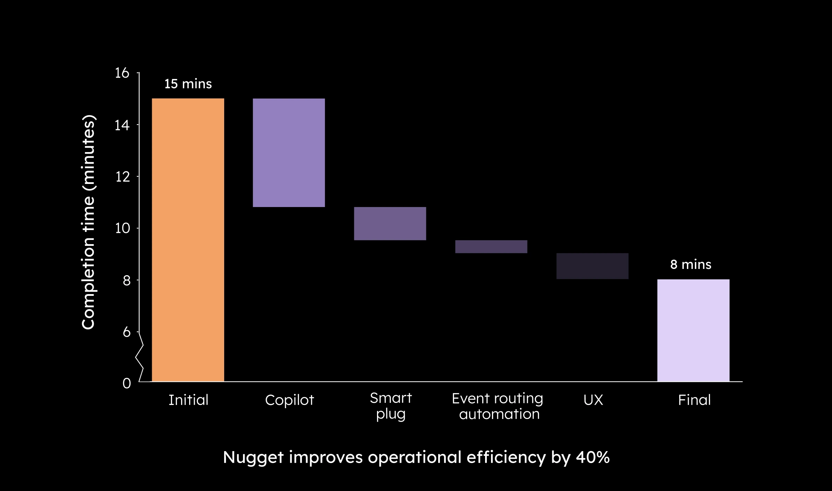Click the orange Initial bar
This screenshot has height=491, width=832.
pos(188,240)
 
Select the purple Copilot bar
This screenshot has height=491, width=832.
pos(289,152)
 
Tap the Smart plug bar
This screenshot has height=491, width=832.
pos(390,223)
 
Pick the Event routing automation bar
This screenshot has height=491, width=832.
pos(491,247)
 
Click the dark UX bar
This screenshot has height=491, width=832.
pos(592,266)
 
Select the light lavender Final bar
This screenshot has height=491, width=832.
pos(693,330)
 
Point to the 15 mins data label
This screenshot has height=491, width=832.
pos(188,84)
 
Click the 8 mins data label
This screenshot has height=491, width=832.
pos(690,264)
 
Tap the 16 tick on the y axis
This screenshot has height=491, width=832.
pos(122,73)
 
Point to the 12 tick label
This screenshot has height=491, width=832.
pos(122,177)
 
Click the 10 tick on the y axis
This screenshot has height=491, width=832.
pos(122,228)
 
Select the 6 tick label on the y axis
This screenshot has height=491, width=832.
pos(126,332)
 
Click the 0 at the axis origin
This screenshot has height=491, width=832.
pos(127,383)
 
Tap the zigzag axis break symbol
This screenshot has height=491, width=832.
pos(140,357)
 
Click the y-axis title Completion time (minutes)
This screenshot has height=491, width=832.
pos(88,222)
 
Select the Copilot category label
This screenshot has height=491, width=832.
pos(289,400)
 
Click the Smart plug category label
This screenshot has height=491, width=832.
pos(391,406)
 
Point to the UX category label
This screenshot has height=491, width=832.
pos(593,400)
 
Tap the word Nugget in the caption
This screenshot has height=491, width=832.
pos(253,457)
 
